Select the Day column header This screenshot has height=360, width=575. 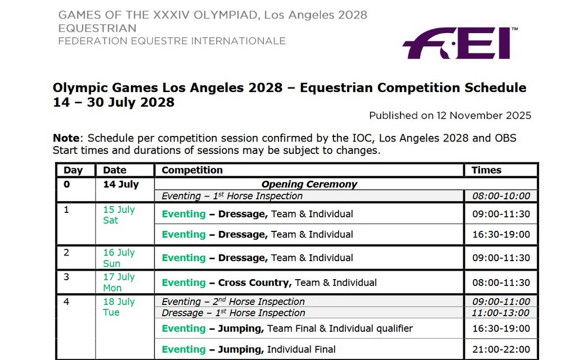click(73, 170)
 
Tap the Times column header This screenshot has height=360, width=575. click(486, 170)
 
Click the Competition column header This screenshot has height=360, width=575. click(192, 170)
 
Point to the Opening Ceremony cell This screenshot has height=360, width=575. click(309, 184)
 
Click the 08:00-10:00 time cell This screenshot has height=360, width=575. click(501, 196)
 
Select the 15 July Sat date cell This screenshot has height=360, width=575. click(118, 215)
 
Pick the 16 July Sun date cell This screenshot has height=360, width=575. click(118, 258)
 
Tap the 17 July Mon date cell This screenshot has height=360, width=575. click(118, 282)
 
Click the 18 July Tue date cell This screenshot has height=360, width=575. click(118, 307)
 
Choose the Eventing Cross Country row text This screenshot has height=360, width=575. click(269, 282)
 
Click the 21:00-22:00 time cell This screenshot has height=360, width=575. click(501, 349)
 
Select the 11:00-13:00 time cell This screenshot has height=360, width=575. click(501, 313)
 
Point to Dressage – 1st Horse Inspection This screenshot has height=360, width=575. click(233, 313)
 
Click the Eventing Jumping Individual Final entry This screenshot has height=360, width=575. click(248, 349)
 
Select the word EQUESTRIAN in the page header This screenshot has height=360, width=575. click(97, 28)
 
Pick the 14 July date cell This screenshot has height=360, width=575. click(121, 184)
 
